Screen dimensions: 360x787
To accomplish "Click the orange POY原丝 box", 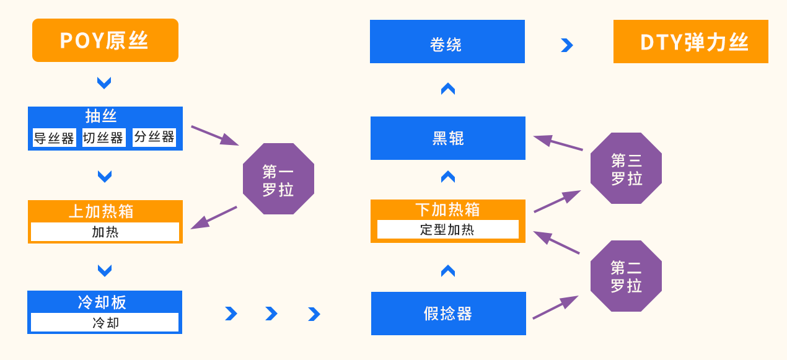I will pyautogui.click(x=105, y=40).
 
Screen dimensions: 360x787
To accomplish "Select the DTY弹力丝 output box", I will pyautogui.click(x=690, y=42).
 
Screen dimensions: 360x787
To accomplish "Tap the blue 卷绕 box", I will pyautogui.click(x=447, y=42).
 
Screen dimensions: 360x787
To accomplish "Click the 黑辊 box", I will pyautogui.click(x=447, y=138).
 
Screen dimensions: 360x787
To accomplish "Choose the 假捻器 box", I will pyautogui.click(x=448, y=314).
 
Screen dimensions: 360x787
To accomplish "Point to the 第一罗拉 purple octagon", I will pyautogui.click(x=278, y=179).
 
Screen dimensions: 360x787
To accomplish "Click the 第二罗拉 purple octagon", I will pyautogui.click(x=626, y=276).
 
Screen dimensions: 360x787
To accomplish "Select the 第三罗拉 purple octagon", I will pyautogui.click(x=626, y=169).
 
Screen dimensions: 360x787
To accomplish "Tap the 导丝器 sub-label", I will pyautogui.click(x=54, y=138).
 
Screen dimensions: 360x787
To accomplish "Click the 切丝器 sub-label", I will pyautogui.click(x=103, y=138).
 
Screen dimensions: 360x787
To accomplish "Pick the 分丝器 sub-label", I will pyautogui.click(x=154, y=137).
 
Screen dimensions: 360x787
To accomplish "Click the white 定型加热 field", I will pyautogui.click(x=447, y=229).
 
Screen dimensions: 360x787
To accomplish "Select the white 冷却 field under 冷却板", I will pyautogui.click(x=105, y=322).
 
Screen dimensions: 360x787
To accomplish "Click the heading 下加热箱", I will pyautogui.click(x=447, y=209).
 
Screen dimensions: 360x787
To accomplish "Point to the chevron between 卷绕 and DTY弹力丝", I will pyautogui.click(x=566, y=45).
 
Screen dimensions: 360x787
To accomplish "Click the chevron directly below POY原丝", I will pyautogui.click(x=104, y=82).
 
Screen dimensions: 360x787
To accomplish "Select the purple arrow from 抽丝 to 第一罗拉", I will pyautogui.click(x=214, y=135).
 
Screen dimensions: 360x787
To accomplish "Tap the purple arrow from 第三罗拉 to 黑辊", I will pyautogui.click(x=558, y=143).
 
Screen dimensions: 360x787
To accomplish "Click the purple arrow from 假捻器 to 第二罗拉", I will pyautogui.click(x=555, y=307).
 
